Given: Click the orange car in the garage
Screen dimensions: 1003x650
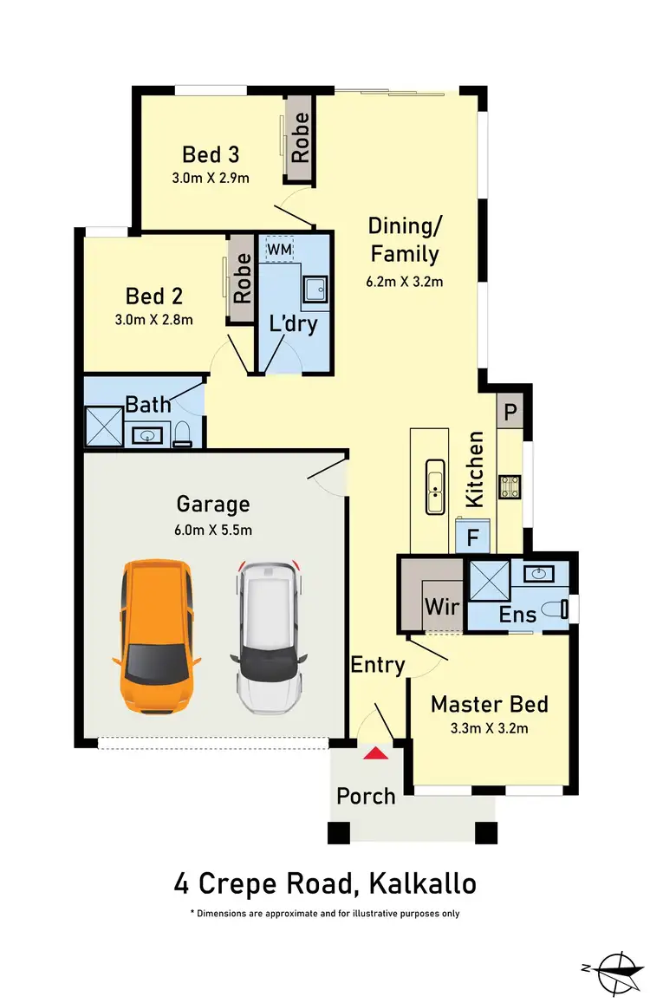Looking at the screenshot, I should pos(155,636).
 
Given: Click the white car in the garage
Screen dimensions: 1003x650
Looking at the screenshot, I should pos(269,636).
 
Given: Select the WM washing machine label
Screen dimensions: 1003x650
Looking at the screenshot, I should pos(279,250).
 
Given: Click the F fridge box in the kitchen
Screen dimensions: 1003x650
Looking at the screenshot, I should pos(472,537).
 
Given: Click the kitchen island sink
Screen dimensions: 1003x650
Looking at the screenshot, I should pos(435,488).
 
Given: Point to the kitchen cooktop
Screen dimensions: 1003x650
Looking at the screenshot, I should pos(509,487).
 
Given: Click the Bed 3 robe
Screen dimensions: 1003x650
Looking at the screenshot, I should pos(300,139).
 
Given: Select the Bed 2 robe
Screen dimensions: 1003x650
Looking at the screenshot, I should pos(242,278).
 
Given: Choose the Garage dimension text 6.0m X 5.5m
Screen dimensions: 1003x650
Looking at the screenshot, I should pos(213,530).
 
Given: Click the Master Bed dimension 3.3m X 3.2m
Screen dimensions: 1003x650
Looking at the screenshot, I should pos(490,728).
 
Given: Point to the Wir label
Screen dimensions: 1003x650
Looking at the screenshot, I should pos(442,606).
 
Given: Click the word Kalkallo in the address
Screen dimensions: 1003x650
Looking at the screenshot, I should pos(422,884).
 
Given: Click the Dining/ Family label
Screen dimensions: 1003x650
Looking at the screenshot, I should pos(405,240).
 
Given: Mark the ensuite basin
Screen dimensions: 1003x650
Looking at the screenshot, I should pos(540,573).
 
